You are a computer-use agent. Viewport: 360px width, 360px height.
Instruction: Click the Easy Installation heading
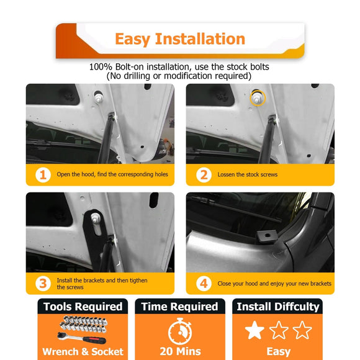(180, 39)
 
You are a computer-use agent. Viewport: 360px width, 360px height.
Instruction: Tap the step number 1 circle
(43, 174)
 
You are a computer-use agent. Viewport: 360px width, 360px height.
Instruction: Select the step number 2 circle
(204, 174)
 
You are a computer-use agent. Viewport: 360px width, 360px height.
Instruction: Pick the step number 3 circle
(43, 283)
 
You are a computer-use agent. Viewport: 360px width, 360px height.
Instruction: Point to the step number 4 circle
(204, 283)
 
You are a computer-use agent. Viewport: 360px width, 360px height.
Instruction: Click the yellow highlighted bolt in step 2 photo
(255, 98)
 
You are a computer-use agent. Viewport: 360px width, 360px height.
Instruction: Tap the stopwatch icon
(179, 330)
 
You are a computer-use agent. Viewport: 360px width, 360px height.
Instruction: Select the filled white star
(254, 330)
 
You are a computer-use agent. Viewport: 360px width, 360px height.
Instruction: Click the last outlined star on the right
(302, 330)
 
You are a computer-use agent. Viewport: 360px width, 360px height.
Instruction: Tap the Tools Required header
(82, 307)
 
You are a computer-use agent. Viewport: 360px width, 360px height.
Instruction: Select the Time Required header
(179, 307)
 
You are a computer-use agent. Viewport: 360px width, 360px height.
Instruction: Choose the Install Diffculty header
(277, 307)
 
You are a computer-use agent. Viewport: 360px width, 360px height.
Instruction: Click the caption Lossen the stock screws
(247, 174)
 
